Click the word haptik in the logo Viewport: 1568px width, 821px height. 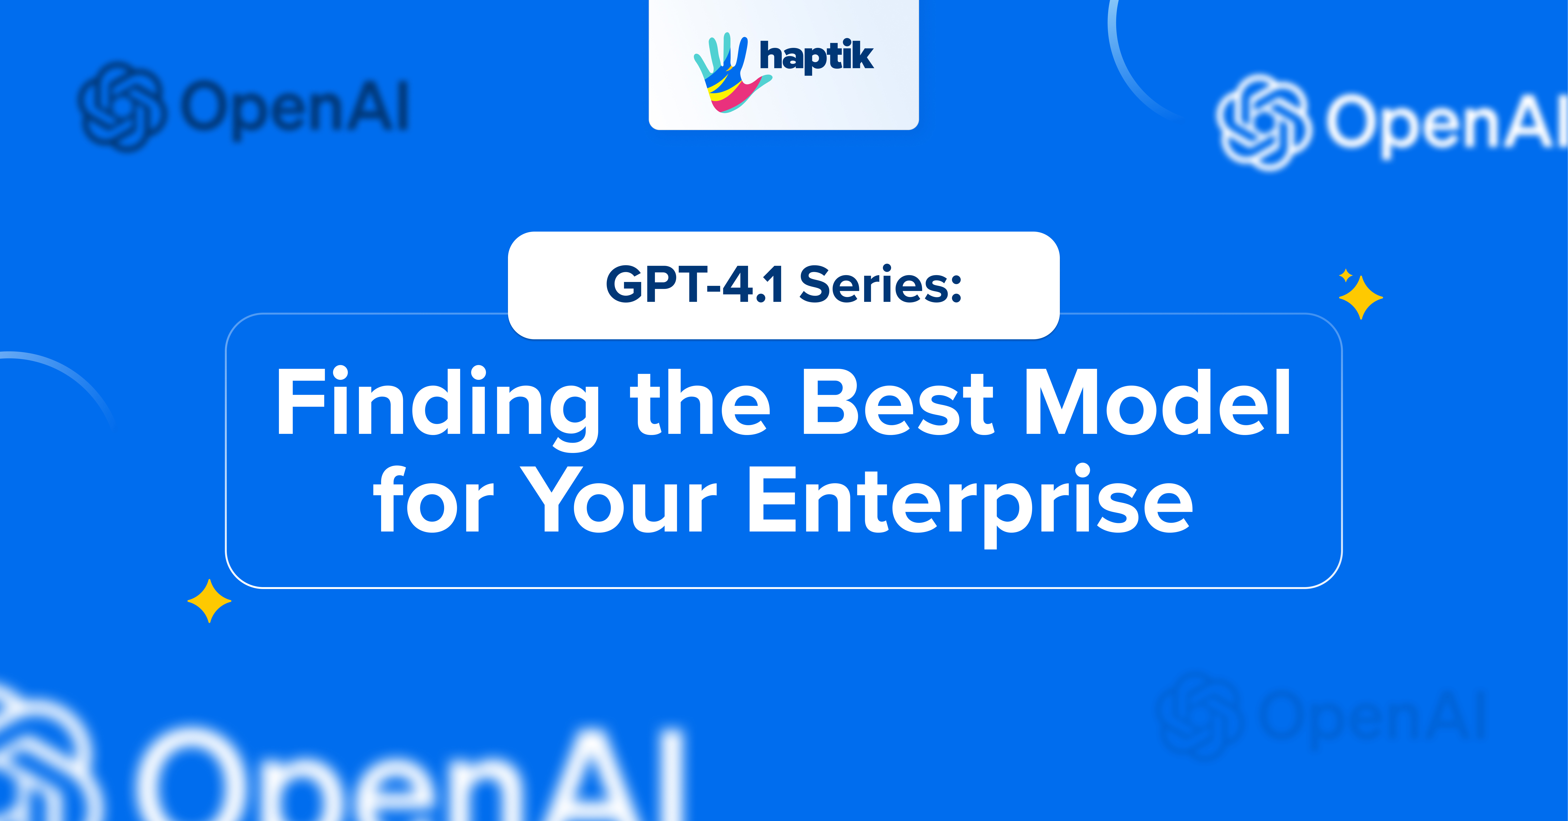[816, 57]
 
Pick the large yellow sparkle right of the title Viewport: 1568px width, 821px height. [1361, 298]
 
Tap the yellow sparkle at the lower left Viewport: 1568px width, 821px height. [209, 601]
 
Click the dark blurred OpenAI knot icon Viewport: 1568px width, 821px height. [122, 107]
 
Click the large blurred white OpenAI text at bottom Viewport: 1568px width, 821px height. [414, 780]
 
